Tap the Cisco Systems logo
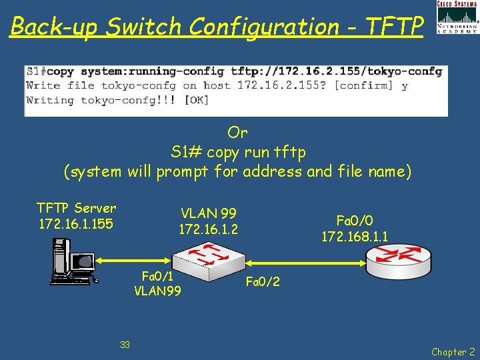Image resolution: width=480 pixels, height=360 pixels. [x=457, y=17]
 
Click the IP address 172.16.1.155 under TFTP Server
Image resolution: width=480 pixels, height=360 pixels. [x=76, y=224]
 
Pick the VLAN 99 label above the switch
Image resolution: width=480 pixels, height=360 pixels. [x=209, y=213]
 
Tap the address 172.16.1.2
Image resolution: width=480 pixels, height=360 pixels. [x=209, y=229]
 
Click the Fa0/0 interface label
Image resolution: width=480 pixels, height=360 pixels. [x=355, y=220]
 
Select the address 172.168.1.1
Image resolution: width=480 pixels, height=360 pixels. [x=355, y=236]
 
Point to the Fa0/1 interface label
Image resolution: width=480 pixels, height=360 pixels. [x=158, y=276]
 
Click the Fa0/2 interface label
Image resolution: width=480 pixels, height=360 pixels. [x=263, y=282]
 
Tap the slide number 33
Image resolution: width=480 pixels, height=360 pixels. [x=125, y=345]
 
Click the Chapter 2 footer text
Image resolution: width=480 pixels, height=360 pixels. [x=453, y=351]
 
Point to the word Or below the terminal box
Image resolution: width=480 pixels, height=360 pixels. [x=237, y=132]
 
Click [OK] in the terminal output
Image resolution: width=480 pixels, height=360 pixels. [x=197, y=100]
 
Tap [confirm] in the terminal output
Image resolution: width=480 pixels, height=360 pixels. [x=363, y=85]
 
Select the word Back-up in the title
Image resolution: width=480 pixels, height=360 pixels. [x=54, y=27]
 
